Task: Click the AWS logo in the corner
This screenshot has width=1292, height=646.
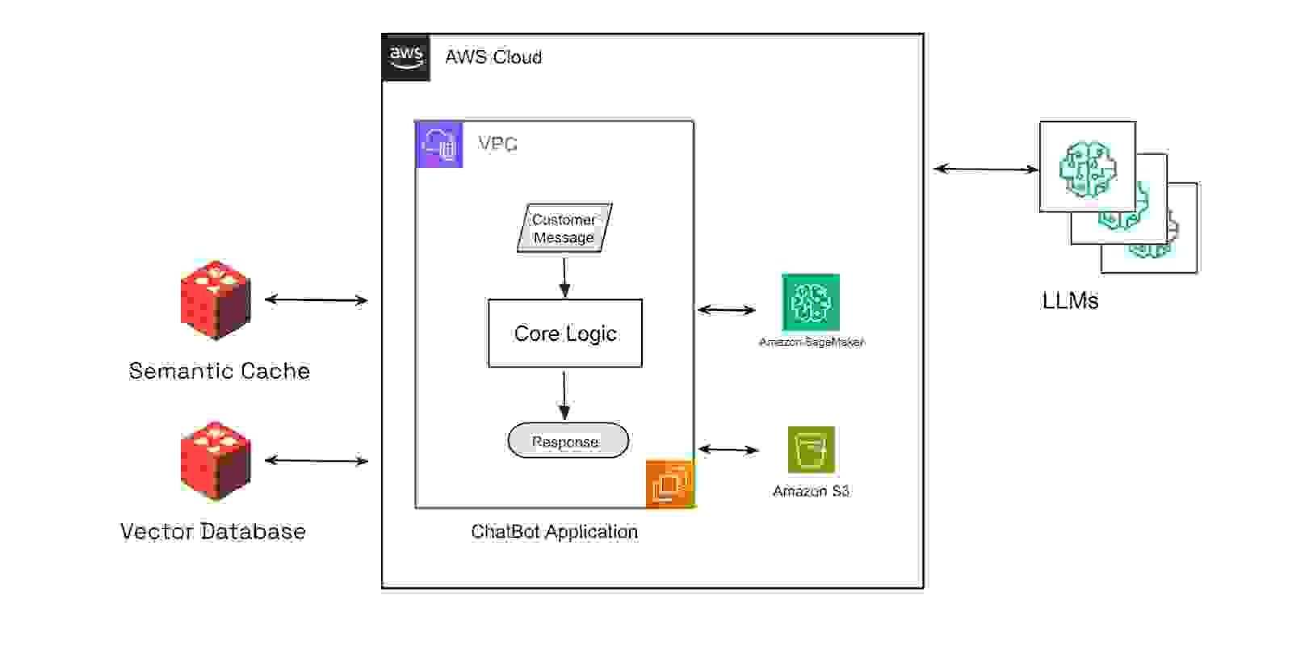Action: coord(406,57)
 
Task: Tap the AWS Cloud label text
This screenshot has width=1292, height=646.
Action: coord(493,57)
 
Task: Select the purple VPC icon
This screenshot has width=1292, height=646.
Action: coord(439,145)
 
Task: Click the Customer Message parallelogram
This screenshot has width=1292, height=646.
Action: coord(564,229)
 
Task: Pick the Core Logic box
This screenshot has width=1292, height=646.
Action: coord(565,333)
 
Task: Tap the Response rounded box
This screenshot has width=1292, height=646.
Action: coord(568,441)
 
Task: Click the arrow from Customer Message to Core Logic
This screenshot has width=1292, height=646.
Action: coord(564,277)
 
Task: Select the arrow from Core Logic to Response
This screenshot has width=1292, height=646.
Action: coord(564,395)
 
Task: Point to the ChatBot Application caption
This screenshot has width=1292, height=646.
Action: coord(554,531)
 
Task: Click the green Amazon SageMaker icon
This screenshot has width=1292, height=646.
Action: coord(811,302)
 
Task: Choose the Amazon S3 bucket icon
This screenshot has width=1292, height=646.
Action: coord(811,449)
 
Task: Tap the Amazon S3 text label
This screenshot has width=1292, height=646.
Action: coord(811,491)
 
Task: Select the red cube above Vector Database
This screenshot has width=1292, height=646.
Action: coord(215,460)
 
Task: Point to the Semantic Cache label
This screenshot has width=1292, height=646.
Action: coord(219,371)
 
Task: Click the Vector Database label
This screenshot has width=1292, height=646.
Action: coord(213,531)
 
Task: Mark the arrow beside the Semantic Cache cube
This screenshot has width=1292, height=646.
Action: coord(316,300)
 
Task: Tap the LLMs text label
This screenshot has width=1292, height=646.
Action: coord(1070,301)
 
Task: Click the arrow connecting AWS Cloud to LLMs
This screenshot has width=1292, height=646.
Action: coord(985,169)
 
